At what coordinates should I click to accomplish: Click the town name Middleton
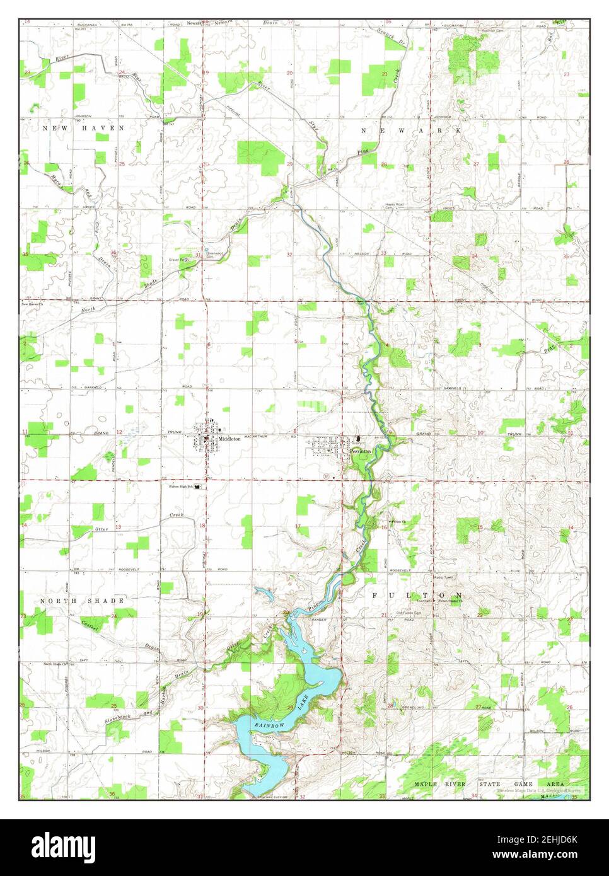[x=229, y=439]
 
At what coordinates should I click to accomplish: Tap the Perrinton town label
[x=361, y=452]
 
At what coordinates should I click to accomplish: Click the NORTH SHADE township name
[x=82, y=601]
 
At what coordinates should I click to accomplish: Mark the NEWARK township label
[x=412, y=130]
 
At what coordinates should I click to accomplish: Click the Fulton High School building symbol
[x=198, y=487]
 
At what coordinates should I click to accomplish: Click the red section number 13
[x=118, y=526]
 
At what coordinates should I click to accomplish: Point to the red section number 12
[x=119, y=432]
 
